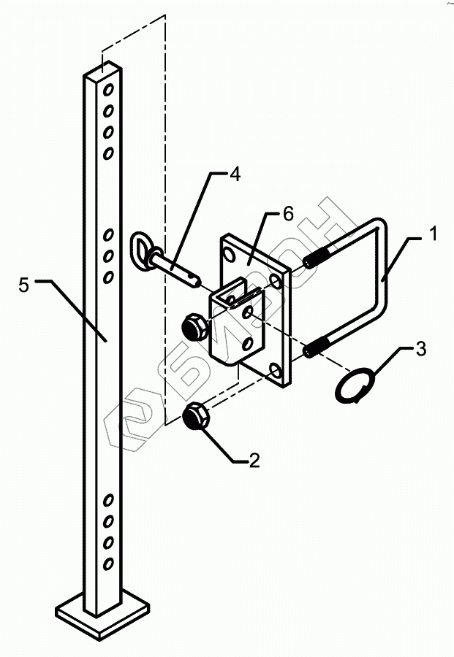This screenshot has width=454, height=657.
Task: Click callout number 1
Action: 434,236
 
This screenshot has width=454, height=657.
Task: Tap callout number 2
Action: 254,461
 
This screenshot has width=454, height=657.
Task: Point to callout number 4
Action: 234,175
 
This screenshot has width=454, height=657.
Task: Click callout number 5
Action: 24,285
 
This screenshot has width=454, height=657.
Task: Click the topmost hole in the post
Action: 108,91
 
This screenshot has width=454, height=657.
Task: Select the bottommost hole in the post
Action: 108,564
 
